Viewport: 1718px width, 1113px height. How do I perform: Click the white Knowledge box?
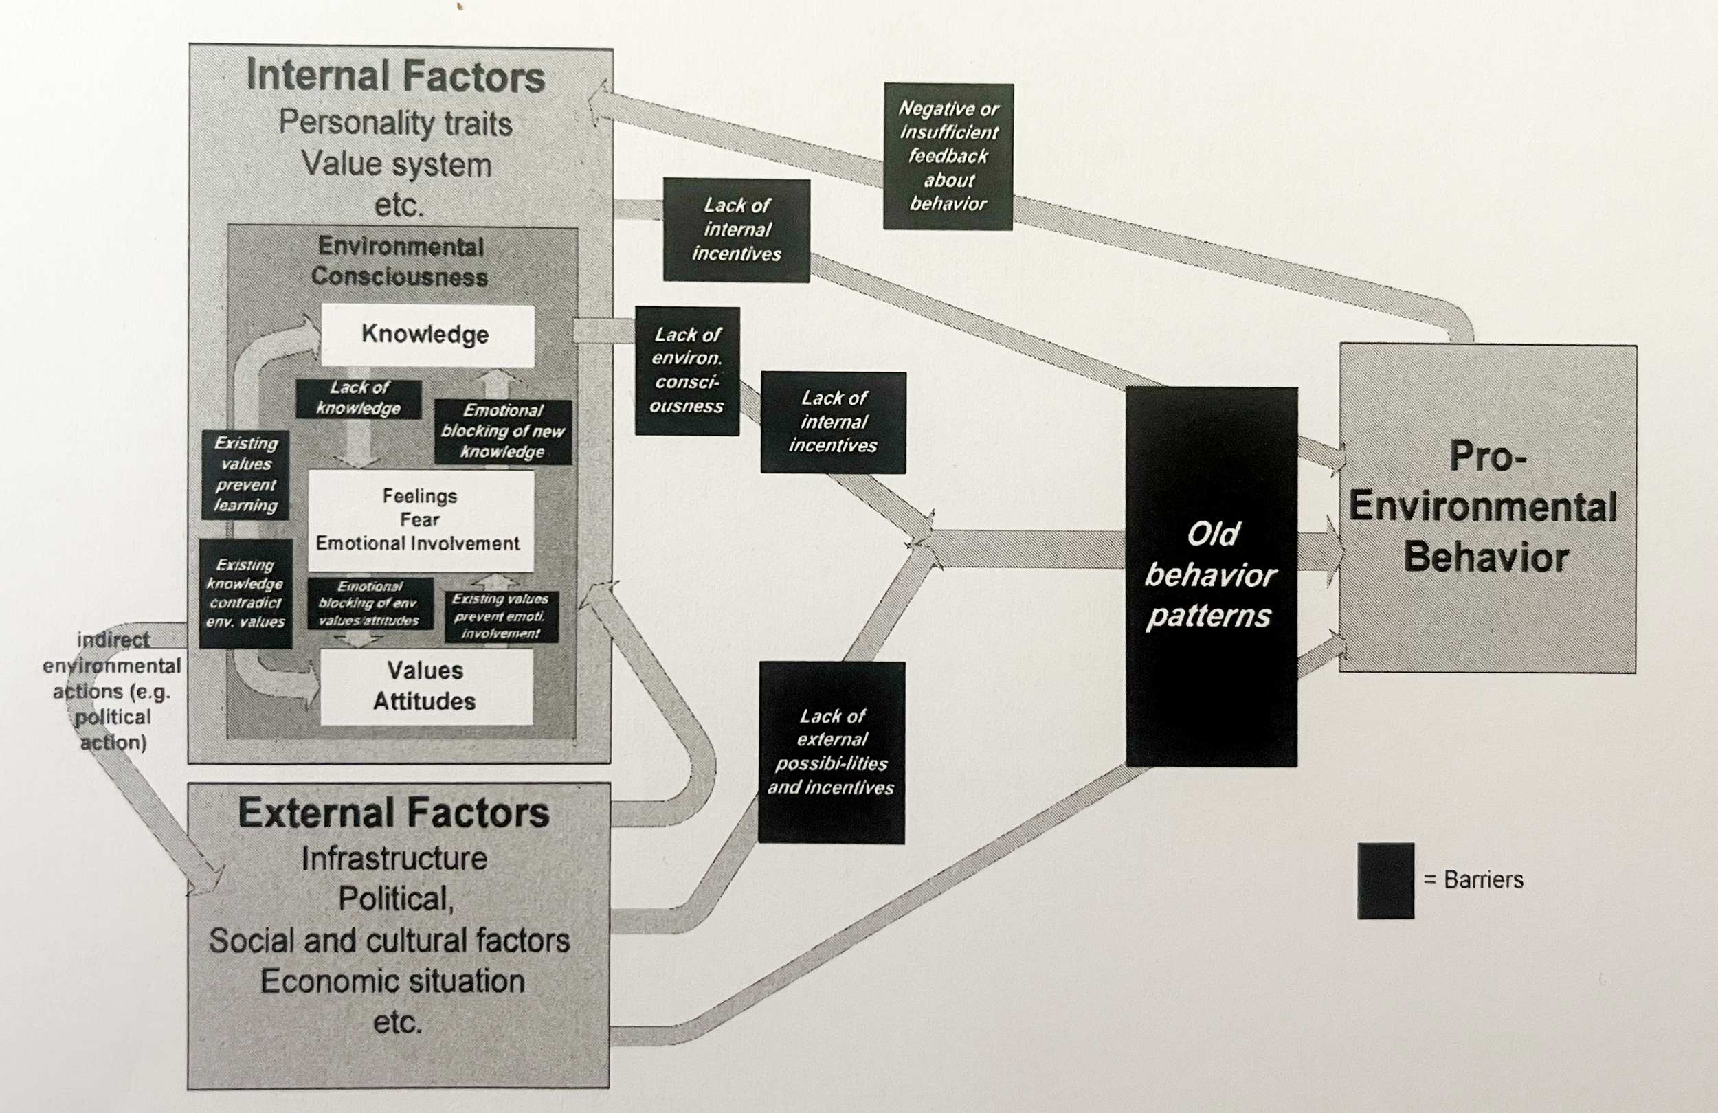(x=427, y=335)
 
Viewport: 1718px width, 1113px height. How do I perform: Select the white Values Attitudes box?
(x=426, y=686)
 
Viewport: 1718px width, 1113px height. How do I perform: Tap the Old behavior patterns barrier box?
(x=1212, y=575)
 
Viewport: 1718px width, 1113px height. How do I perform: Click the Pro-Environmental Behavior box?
(x=1487, y=508)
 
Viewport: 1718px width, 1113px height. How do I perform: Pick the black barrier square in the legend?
(x=1385, y=880)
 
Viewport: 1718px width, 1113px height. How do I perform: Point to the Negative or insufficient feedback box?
(x=948, y=156)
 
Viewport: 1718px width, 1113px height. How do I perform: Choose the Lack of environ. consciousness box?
(x=687, y=371)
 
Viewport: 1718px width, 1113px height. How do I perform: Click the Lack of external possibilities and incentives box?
(x=832, y=752)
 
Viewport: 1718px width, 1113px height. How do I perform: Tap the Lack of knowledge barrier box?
(x=359, y=398)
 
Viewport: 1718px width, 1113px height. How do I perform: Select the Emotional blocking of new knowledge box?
(x=503, y=431)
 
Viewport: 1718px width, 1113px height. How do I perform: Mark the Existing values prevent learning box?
(x=246, y=474)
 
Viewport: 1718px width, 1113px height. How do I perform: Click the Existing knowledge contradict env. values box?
(x=245, y=594)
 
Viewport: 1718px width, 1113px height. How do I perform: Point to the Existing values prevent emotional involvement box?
(x=501, y=616)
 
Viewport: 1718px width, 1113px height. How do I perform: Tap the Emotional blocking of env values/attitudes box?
(x=370, y=603)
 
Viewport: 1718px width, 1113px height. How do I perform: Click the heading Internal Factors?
(x=396, y=76)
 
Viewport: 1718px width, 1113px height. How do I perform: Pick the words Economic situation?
(x=392, y=982)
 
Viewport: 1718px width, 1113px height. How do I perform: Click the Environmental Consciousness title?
(x=401, y=261)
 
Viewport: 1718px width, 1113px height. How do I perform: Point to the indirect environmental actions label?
(x=113, y=690)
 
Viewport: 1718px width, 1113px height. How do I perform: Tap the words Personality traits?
(x=396, y=124)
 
